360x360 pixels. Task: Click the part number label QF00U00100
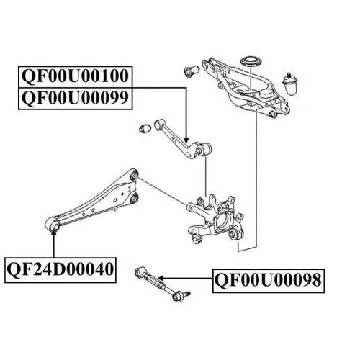click(x=75, y=77)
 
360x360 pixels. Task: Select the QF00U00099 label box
click(x=75, y=99)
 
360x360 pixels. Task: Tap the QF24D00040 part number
click(x=60, y=270)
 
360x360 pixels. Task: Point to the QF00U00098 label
click(x=269, y=281)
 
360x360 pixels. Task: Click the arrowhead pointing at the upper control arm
click(x=186, y=140)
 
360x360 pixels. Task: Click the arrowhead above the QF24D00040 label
click(x=54, y=232)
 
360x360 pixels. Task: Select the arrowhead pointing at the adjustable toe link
click(x=161, y=279)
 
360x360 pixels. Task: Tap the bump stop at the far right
click(x=290, y=83)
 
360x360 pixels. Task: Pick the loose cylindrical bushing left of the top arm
click(x=192, y=71)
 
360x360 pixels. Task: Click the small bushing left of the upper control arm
click(x=145, y=129)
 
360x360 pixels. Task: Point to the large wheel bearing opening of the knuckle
click(x=222, y=222)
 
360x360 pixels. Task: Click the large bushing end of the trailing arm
click(x=53, y=225)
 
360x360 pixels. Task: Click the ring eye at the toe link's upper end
click(x=139, y=272)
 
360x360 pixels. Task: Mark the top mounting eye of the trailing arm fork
click(x=135, y=174)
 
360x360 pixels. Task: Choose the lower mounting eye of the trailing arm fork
click(x=135, y=198)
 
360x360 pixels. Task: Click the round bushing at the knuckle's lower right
click(x=234, y=233)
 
